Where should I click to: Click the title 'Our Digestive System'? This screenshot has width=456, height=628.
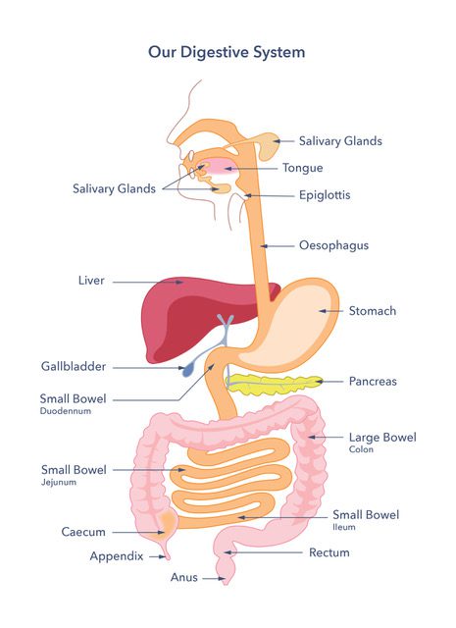(x=227, y=52)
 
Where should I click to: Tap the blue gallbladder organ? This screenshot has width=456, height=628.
(x=187, y=370)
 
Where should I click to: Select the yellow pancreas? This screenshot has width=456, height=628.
(x=274, y=385)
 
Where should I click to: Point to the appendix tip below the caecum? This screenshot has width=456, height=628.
(x=168, y=557)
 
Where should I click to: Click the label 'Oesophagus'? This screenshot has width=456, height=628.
(x=333, y=245)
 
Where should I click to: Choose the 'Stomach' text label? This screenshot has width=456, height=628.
(x=373, y=311)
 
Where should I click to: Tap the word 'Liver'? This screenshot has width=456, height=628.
(x=91, y=281)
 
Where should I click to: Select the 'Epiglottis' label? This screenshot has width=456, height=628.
(x=325, y=195)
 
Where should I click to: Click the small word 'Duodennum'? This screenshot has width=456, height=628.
(x=66, y=411)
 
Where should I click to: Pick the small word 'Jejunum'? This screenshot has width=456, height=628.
(x=59, y=482)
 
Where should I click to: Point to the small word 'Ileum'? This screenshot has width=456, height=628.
(x=344, y=527)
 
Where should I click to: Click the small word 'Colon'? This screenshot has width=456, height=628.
(x=361, y=449)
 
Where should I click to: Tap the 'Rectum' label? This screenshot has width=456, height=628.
(x=329, y=552)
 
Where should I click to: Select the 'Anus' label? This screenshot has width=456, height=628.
(x=184, y=577)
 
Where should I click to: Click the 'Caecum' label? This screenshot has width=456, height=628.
(x=83, y=532)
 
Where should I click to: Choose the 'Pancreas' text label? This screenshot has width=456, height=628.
(x=373, y=382)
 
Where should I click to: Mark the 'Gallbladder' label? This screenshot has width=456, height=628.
(x=74, y=366)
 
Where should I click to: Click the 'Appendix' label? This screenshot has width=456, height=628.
(x=117, y=556)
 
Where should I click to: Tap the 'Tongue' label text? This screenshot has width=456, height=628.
(x=303, y=168)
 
